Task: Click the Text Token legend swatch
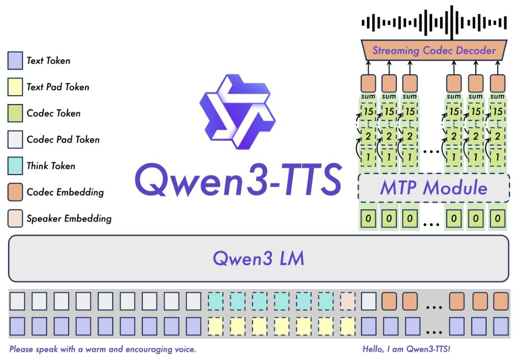(15, 60)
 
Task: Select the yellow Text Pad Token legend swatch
(15, 87)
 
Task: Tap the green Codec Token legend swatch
(15, 113)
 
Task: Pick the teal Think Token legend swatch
(15, 166)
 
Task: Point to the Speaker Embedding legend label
(69, 218)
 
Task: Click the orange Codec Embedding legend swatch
(15, 192)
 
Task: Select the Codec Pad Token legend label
(63, 139)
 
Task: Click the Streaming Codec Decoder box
(434, 50)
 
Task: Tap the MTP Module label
(434, 187)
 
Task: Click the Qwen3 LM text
(258, 258)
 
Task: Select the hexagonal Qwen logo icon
(237, 112)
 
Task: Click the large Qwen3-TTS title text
(238, 180)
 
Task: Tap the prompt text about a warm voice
(103, 349)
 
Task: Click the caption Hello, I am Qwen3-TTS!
(406, 349)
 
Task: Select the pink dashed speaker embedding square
(347, 302)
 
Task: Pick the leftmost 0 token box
(368, 218)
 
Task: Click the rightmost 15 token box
(498, 112)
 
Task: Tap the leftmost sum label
(368, 97)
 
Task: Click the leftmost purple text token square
(17, 326)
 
